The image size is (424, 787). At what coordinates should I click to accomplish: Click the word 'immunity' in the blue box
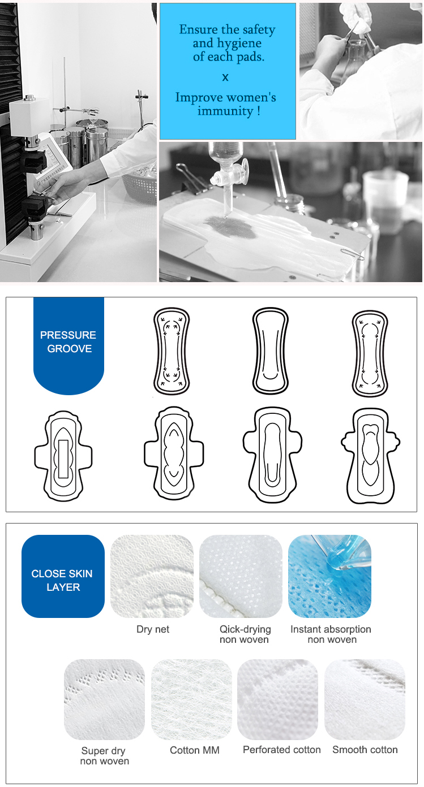tap(225, 111)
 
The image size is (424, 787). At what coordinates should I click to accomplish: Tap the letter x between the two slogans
tap(225, 77)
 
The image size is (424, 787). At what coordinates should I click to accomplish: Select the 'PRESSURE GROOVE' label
tap(68, 341)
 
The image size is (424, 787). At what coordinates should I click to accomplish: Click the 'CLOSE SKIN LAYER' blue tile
tap(63, 576)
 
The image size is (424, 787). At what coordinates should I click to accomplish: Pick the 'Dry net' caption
tap(153, 629)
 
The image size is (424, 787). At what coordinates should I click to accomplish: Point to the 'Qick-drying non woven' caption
tap(245, 634)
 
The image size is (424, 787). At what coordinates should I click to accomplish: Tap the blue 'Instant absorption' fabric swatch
tap(329, 576)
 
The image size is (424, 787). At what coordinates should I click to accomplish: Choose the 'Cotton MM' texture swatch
tap(191, 699)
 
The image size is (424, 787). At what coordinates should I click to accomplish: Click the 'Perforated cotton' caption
tap(281, 750)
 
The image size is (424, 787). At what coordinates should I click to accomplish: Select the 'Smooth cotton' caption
tap(365, 750)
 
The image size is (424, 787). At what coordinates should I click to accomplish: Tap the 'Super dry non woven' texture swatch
tap(104, 699)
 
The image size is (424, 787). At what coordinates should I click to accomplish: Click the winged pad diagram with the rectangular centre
tap(63, 456)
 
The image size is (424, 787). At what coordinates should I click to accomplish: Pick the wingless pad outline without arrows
tap(270, 351)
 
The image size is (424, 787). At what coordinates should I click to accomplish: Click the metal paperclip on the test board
tap(352, 254)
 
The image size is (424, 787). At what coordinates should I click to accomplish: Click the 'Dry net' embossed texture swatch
tap(152, 576)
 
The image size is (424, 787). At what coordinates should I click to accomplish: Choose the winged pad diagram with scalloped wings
tap(371, 456)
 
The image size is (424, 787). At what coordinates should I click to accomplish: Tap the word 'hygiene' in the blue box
tap(239, 44)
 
